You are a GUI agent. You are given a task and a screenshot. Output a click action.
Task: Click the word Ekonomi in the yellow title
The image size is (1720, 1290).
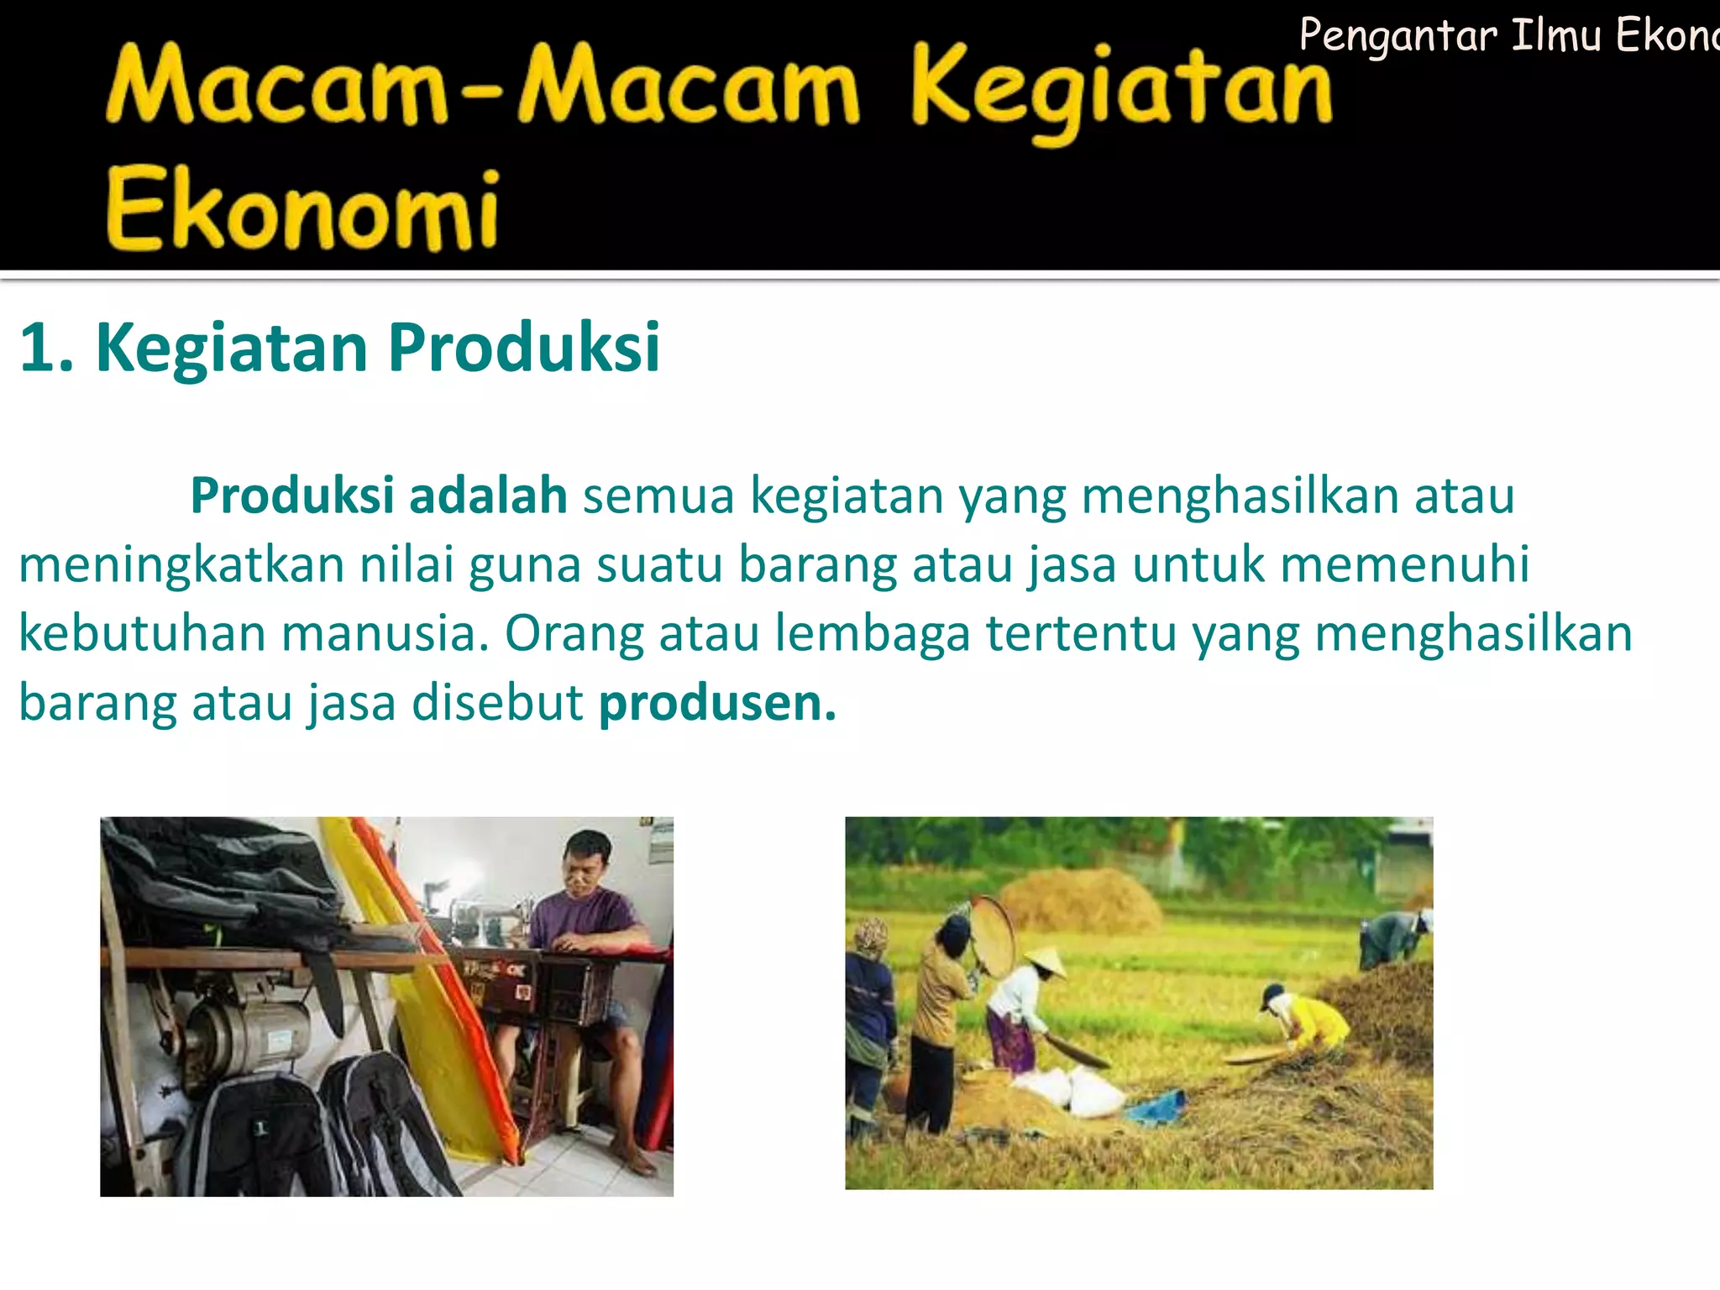pos(302,210)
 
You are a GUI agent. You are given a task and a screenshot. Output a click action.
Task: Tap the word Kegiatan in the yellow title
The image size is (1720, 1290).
pos(1121,88)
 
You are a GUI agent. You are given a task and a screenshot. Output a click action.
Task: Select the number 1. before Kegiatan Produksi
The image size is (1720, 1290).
pos(46,347)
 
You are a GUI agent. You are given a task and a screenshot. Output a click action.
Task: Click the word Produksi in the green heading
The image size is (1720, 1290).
pos(523,347)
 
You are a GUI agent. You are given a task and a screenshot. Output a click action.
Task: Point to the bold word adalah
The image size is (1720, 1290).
pos(488,495)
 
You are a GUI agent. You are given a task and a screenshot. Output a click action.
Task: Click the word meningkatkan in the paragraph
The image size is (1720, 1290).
pos(181,564)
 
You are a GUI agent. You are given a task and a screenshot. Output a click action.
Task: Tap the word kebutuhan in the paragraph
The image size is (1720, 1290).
pos(142,633)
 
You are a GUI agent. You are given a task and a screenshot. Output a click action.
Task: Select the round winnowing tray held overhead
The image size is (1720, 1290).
pos(993,936)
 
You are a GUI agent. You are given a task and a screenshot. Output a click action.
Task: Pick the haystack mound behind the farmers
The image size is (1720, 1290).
pos(1079,900)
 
